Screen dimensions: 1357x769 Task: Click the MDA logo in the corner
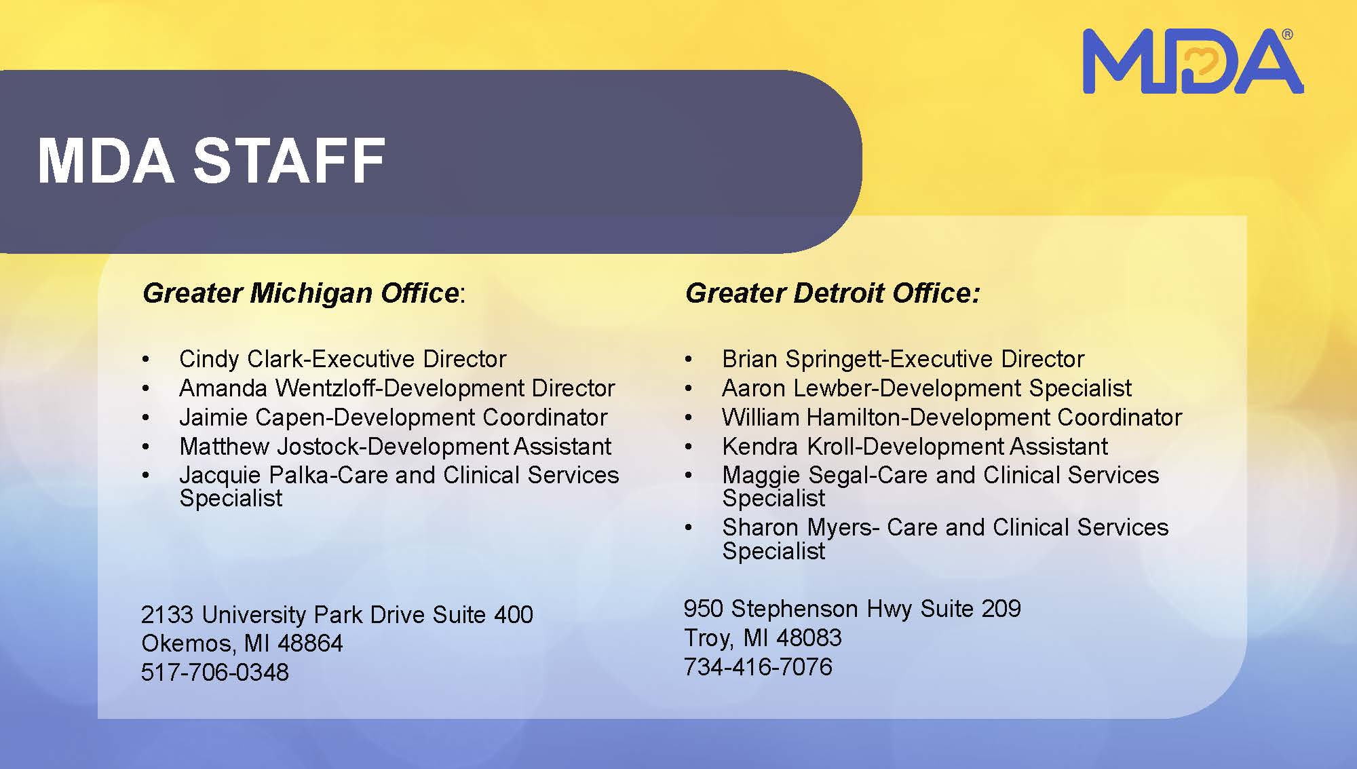[x=1193, y=61]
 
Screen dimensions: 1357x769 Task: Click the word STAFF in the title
[x=290, y=161]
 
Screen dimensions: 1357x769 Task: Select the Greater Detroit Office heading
[x=833, y=293]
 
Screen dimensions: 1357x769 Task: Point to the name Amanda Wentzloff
[x=278, y=388]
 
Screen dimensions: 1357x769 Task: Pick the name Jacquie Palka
[x=254, y=475]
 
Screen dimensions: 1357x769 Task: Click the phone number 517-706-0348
[x=215, y=673]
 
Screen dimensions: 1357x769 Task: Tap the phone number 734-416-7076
[x=758, y=667]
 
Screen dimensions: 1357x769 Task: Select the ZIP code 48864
[x=310, y=643]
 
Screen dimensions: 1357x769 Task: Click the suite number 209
[x=1001, y=609]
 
